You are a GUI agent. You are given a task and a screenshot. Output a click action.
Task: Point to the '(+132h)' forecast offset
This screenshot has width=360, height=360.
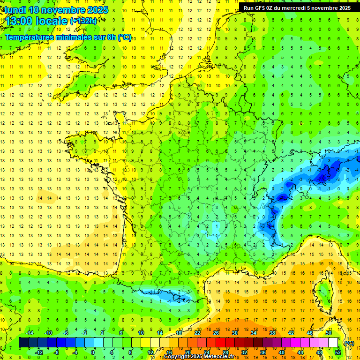point(84,21)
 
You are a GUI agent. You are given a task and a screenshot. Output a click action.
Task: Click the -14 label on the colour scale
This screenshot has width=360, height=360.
point(29,333)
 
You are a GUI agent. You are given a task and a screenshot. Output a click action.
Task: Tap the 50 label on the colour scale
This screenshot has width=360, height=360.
point(328,333)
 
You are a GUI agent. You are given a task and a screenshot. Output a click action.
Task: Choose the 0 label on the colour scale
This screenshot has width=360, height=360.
point(93,352)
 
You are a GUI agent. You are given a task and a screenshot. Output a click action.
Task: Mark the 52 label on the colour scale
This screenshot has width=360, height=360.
point(337,352)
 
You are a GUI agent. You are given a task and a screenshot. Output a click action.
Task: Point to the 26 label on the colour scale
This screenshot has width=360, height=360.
point(216,333)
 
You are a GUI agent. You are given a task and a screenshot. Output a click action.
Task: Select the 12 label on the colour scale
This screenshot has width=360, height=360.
point(150,352)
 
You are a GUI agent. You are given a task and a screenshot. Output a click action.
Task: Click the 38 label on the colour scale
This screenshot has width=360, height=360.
point(272,333)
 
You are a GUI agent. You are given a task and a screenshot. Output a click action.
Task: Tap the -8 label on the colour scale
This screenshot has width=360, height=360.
point(56,352)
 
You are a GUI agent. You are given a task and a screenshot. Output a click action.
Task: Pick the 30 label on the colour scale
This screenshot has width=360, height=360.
point(235,333)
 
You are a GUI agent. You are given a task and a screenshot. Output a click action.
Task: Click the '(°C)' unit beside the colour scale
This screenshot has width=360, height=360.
point(349,343)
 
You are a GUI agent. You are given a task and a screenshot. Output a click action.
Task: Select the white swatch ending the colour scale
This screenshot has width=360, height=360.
point(333,343)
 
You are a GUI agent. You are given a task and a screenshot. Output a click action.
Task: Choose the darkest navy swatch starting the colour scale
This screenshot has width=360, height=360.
point(23,343)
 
